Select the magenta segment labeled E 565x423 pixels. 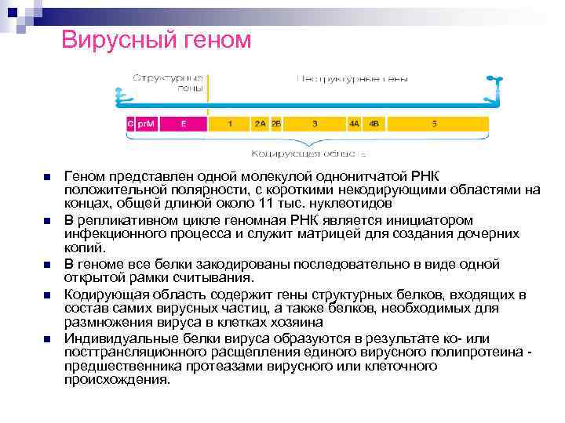click(x=183, y=123)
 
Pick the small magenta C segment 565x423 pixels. click(x=130, y=123)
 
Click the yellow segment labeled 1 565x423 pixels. click(x=229, y=123)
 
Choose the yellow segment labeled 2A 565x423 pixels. click(x=260, y=123)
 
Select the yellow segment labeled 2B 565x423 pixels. click(x=276, y=123)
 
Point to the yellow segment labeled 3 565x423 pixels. click(x=315, y=123)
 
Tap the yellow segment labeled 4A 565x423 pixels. click(x=355, y=123)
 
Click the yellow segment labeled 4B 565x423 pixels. click(x=374, y=123)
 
